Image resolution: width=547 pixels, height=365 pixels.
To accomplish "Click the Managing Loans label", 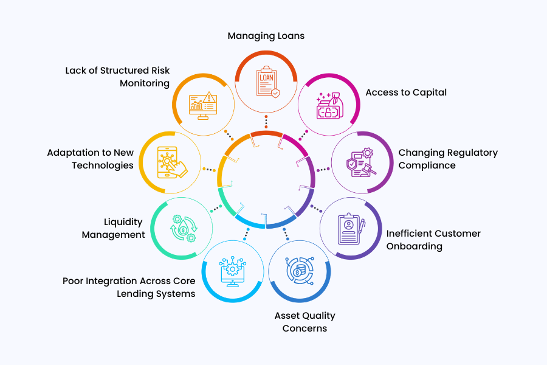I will click(266, 36).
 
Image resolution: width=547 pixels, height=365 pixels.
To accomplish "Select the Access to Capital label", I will click(406, 92).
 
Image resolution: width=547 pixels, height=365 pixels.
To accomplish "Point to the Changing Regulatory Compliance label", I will click(448, 159).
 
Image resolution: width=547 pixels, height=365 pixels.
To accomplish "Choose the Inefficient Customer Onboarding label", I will click(433, 240).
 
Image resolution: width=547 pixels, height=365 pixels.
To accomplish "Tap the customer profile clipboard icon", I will click(351, 228).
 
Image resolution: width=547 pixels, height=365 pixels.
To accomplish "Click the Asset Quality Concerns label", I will click(304, 322).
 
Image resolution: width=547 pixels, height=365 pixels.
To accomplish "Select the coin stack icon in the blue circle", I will click(300, 271).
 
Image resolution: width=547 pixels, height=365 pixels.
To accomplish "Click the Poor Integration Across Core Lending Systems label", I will click(129, 287).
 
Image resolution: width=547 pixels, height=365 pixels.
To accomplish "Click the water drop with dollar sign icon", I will click(181, 228).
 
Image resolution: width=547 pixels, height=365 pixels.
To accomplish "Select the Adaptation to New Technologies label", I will click(90, 159).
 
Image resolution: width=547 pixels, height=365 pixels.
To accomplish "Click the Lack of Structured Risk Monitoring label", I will click(117, 77).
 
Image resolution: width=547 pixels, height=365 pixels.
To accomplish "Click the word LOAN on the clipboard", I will click(266, 78).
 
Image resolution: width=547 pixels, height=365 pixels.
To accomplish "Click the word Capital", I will click(428, 92).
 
